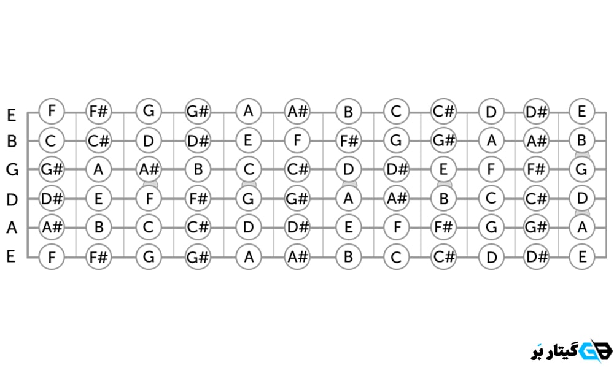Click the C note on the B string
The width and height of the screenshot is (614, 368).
(x=51, y=141)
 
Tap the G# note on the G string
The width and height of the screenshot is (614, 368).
(x=51, y=169)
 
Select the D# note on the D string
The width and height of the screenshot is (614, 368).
(x=51, y=199)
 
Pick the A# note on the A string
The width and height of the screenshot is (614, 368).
(x=51, y=228)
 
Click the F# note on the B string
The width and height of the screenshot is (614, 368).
(x=348, y=141)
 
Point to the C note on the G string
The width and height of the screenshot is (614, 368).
(x=249, y=169)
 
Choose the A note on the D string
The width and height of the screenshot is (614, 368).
(x=348, y=199)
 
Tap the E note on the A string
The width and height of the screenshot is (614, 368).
(x=348, y=228)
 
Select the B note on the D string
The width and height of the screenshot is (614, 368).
(x=444, y=199)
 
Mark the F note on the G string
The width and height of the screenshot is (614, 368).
(x=491, y=169)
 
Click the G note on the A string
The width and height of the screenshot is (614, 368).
(x=491, y=228)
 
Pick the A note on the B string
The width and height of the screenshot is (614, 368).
(x=491, y=141)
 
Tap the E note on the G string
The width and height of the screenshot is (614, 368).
(x=444, y=169)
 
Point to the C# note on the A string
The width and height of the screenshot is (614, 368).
(x=198, y=228)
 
